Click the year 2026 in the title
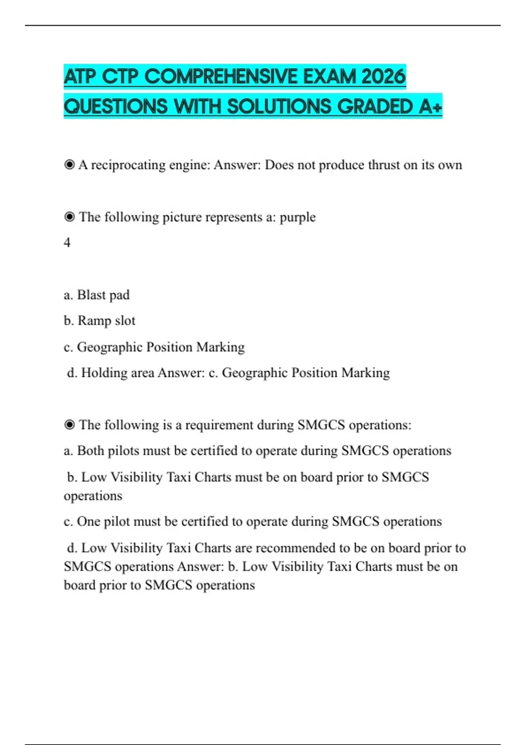[x=384, y=77]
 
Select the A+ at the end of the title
[x=430, y=106]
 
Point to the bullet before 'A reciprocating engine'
[x=69, y=165]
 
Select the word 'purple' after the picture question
[x=298, y=217]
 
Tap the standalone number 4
[x=67, y=242]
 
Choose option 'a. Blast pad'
[x=97, y=295]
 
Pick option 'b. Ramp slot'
[x=100, y=321]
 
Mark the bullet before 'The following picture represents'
[x=69, y=217]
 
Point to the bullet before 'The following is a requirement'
[x=69, y=425]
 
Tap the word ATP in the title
[x=79, y=77]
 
